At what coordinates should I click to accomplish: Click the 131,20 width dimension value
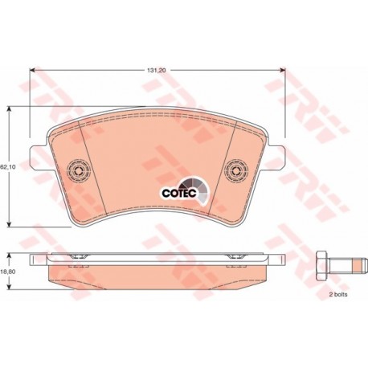(157, 71)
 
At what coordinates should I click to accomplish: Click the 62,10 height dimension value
(8, 167)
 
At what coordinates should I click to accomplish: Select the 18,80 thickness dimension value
(8, 272)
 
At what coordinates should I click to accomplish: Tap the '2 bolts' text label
(338, 295)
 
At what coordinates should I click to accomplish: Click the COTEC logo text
(179, 193)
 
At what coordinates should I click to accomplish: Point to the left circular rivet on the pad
(79, 170)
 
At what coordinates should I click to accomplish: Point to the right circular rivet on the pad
(236, 170)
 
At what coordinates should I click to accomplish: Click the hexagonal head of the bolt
(322, 266)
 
